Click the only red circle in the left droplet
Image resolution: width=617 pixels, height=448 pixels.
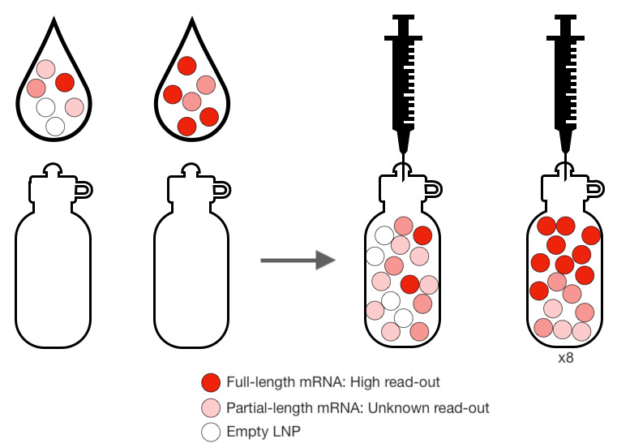coord(65,81)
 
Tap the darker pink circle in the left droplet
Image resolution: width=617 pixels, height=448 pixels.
coord(36,88)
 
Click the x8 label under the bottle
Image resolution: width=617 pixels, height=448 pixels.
coord(565,356)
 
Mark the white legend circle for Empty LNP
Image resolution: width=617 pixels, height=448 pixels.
coord(212,432)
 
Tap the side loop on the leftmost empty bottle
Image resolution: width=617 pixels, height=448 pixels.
coord(82,190)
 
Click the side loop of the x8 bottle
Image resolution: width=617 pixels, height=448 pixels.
coord(596,188)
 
